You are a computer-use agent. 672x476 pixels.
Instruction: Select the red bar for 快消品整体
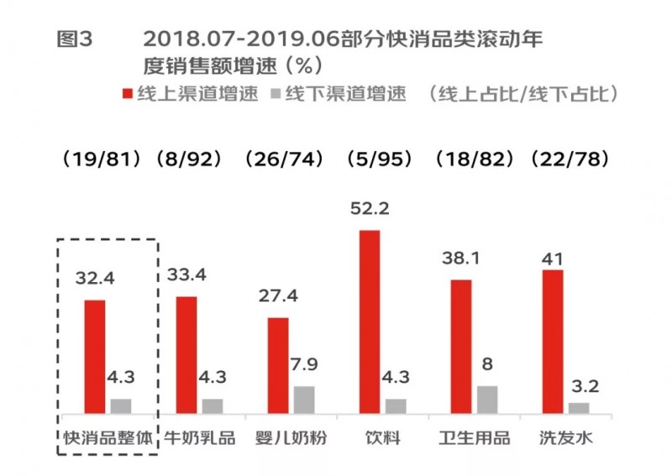click(x=95, y=357)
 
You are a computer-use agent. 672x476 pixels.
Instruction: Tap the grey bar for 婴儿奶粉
click(x=303, y=400)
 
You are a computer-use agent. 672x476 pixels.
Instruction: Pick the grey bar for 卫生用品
click(x=487, y=400)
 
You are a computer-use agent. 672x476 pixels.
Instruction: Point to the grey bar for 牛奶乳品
click(x=213, y=406)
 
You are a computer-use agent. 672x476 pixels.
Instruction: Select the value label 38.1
click(x=461, y=259)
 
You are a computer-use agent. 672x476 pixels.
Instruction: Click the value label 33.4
click(x=187, y=275)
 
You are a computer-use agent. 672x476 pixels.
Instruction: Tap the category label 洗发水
click(x=565, y=438)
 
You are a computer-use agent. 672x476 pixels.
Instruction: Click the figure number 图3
click(x=75, y=39)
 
